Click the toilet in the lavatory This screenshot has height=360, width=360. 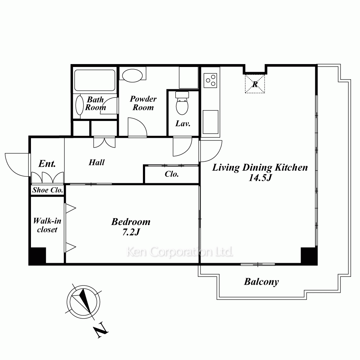point(182,103)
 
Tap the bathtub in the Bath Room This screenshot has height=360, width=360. point(95,80)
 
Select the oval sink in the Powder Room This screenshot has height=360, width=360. point(132,75)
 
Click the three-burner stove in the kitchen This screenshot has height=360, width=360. point(211,80)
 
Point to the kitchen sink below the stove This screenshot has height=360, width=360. point(211,122)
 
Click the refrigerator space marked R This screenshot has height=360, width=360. point(255,84)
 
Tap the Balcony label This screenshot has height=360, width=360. point(261,282)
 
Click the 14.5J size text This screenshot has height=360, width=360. point(260,178)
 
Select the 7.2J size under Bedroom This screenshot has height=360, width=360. point(131,232)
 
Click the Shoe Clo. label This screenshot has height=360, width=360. point(48,190)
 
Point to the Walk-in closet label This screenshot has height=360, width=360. point(47,225)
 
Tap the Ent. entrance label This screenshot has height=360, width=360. point(47,164)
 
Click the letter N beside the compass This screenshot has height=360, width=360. point(100,330)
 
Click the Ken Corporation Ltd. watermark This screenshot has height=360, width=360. point(180,252)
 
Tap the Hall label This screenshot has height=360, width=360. point(96,163)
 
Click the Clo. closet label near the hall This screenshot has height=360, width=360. point(171,174)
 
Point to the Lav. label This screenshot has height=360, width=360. point(183,124)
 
